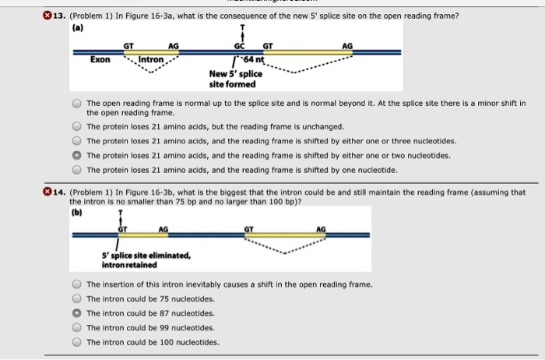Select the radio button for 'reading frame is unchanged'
click(x=77, y=126)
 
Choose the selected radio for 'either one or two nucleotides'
click(x=77, y=155)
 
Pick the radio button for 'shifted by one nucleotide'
click(x=77, y=170)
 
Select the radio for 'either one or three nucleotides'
click(x=77, y=141)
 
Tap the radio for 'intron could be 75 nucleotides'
click(x=77, y=298)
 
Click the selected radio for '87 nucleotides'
click(x=77, y=313)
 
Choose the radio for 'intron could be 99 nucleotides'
click(x=77, y=327)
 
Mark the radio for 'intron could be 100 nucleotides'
click(x=77, y=342)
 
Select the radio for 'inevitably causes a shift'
click(x=77, y=284)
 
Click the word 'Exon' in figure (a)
click(x=100, y=58)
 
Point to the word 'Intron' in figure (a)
click(x=151, y=58)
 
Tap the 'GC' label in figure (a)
click(x=241, y=46)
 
